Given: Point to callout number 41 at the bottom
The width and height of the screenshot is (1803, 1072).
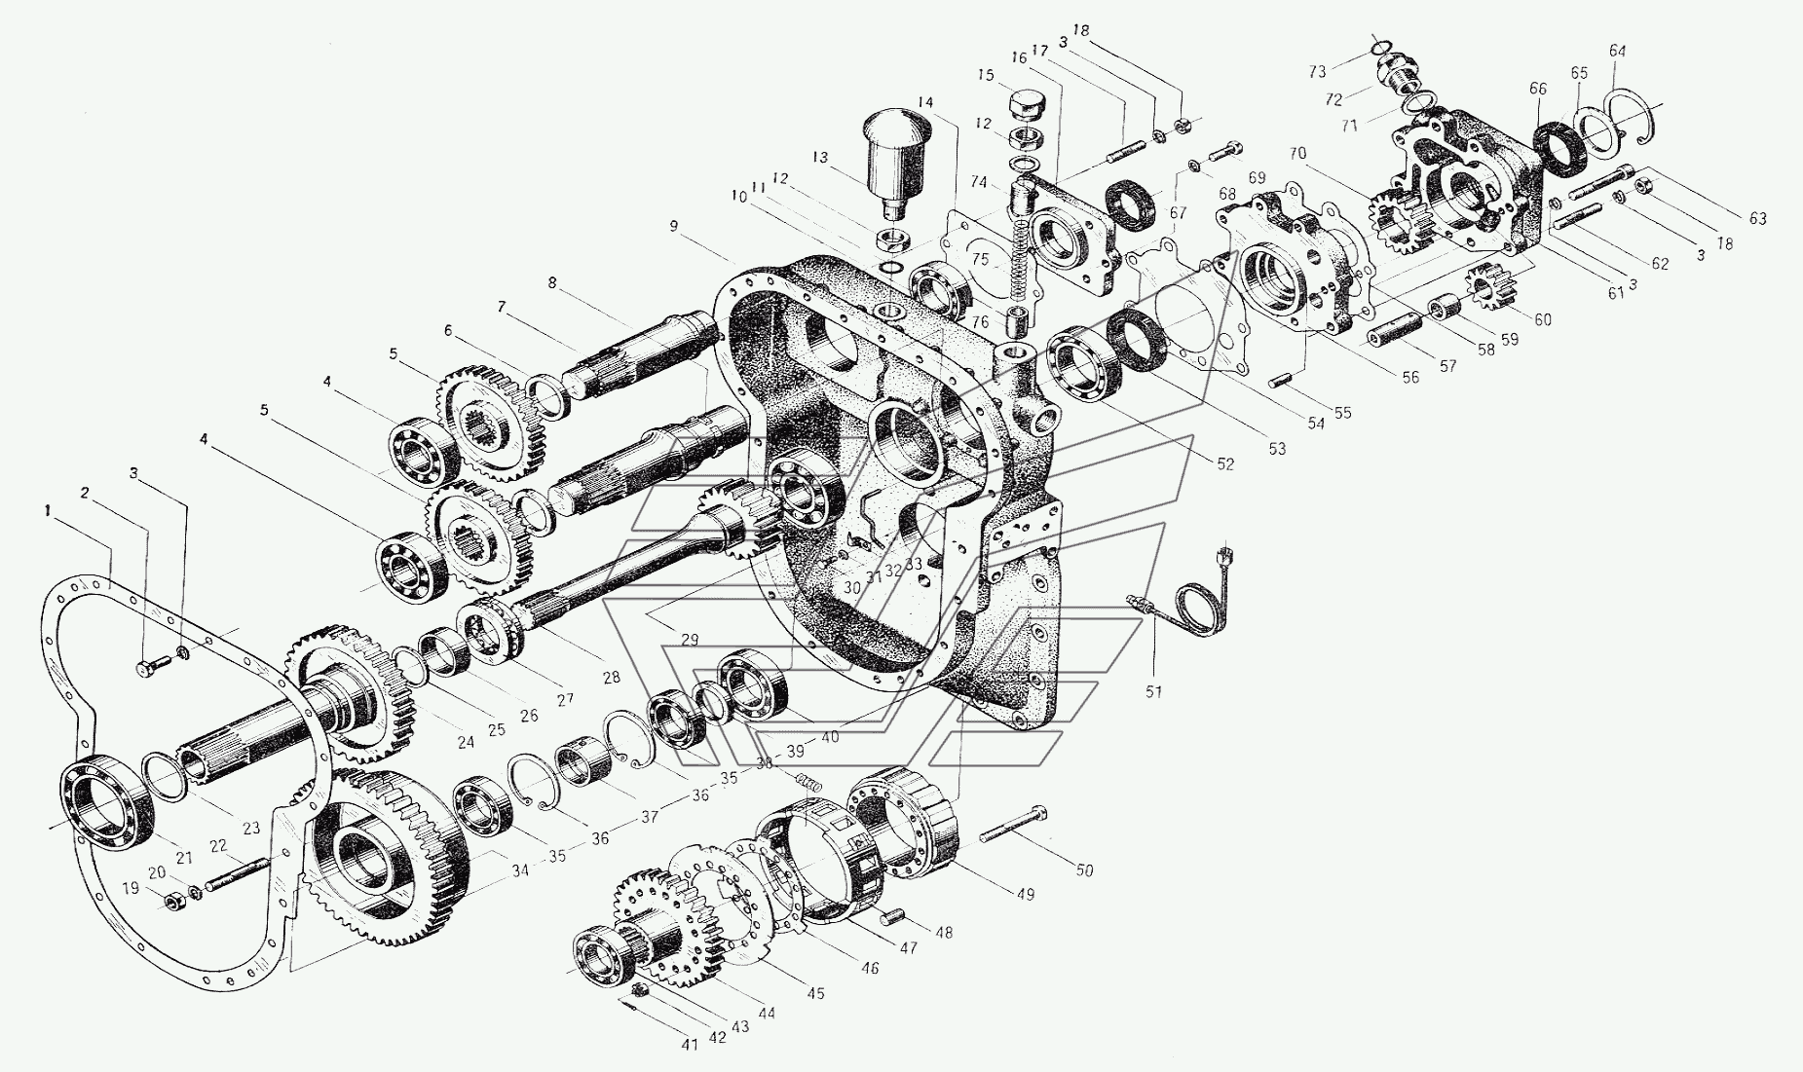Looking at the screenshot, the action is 690,1045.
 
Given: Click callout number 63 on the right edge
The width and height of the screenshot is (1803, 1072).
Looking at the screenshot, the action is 1756,219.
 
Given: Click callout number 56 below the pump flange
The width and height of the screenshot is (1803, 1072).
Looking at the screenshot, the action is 1410,379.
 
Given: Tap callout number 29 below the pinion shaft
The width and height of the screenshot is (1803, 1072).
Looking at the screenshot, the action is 690,639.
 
